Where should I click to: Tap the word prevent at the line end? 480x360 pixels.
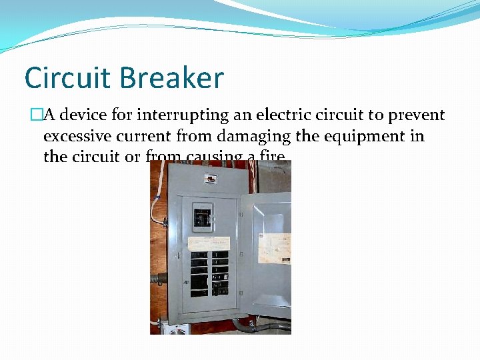click(415, 115)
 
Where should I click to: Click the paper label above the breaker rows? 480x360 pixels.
click(209, 242)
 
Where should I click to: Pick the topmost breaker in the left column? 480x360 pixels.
click(199, 255)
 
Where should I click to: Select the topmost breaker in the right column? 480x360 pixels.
click(220, 255)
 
